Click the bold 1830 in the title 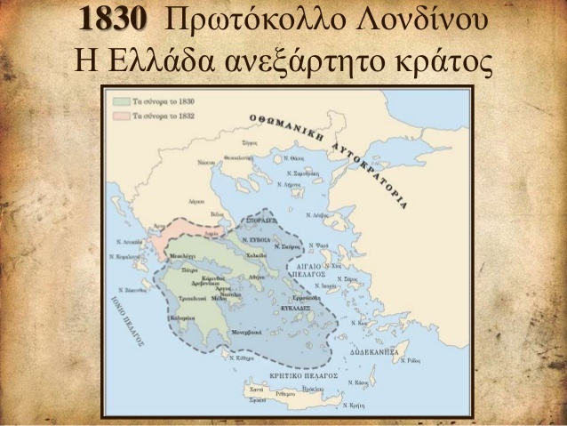pos(114,20)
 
